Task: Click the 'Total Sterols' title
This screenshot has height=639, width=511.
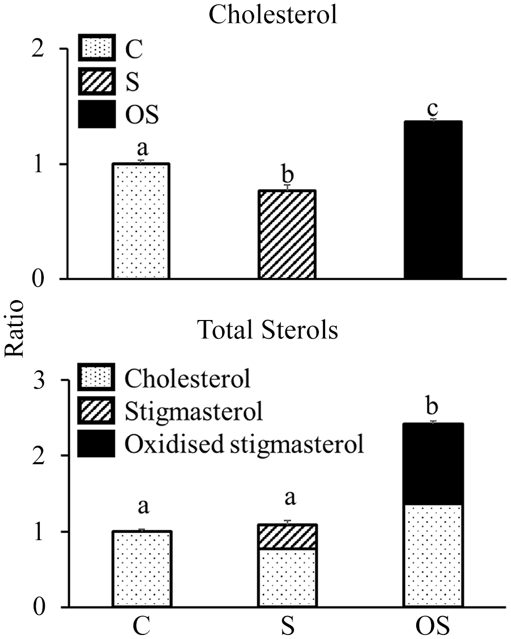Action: tap(267, 330)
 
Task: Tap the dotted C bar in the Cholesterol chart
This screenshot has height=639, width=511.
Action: tap(141, 221)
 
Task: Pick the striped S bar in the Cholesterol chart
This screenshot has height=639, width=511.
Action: tap(287, 234)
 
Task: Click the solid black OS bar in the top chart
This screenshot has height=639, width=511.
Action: tap(433, 200)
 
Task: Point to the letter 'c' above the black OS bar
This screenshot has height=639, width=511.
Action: tap(433, 109)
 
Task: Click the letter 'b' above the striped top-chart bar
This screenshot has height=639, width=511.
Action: tap(288, 175)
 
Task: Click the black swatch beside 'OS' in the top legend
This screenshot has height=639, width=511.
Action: tap(97, 115)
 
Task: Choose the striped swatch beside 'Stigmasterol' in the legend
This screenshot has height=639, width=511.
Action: tap(97, 411)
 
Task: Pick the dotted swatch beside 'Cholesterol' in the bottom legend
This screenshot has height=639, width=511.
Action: tap(97, 378)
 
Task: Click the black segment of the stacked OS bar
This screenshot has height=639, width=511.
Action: tap(433, 464)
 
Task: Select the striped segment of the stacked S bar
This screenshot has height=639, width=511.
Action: tap(287, 537)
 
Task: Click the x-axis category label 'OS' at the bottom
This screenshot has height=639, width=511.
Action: tap(433, 625)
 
